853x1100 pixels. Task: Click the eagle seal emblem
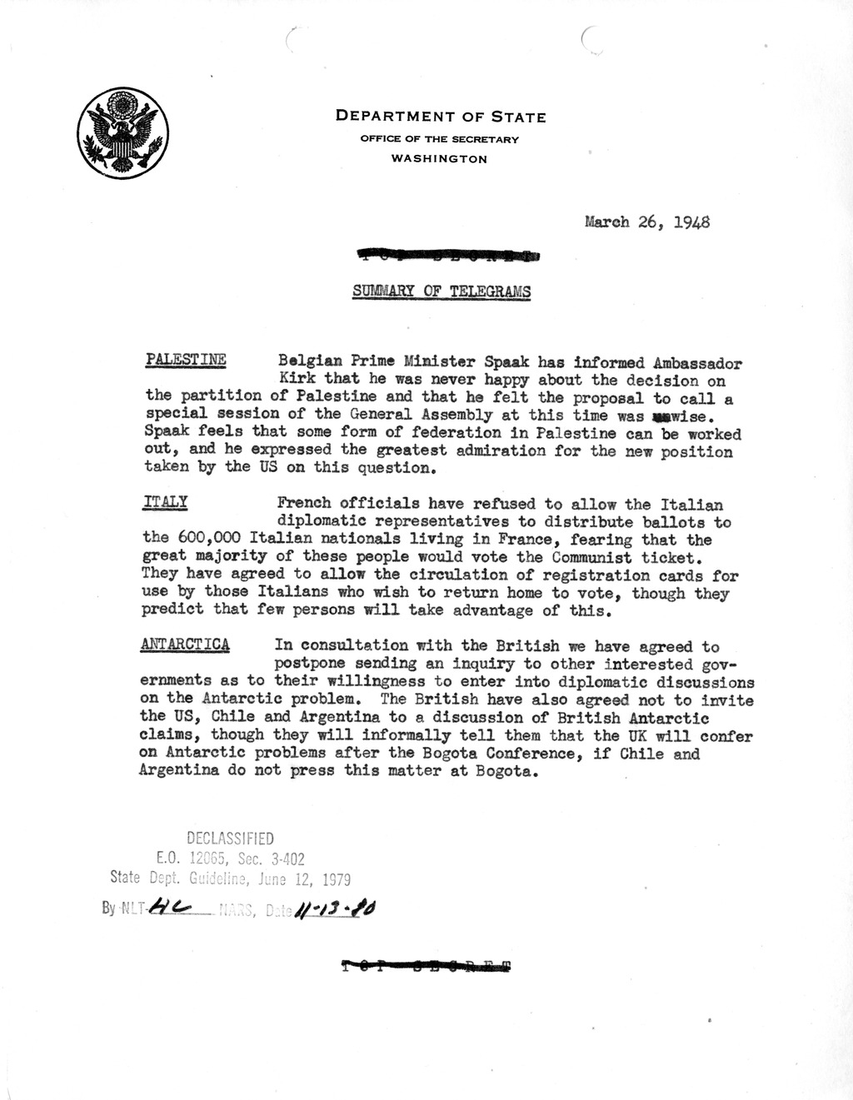[x=122, y=133]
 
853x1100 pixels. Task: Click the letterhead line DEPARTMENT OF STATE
[x=441, y=117]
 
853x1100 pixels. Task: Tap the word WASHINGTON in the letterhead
[x=439, y=159]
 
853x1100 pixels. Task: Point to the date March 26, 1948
[x=647, y=222]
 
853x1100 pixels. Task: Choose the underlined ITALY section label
[x=165, y=503]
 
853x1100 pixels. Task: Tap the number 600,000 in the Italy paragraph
[x=212, y=539]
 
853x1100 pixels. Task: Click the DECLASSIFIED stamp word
[x=230, y=839]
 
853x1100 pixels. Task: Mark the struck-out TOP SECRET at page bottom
[x=427, y=967]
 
